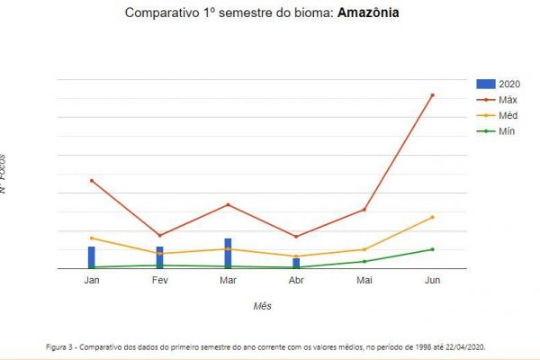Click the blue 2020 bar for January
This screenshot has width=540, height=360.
[x=92, y=257]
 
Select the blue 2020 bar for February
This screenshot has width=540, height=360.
[x=160, y=257]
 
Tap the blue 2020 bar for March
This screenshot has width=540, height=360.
[x=228, y=254]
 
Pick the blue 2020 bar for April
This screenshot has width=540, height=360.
[x=296, y=264]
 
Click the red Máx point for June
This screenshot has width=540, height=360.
[x=433, y=94]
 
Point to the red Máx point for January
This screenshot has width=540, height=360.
[x=92, y=181]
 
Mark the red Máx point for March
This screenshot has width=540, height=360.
[x=228, y=204]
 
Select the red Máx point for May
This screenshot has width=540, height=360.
[x=364, y=210]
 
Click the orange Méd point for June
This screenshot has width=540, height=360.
[x=433, y=217]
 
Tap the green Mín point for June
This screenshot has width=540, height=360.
[x=433, y=249]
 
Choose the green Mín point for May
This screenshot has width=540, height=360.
[x=364, y=261]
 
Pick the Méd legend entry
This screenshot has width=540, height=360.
[x=507, y=115]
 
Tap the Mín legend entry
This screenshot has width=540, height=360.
[x=506, y=131]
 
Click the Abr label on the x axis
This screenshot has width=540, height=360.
[x=296, y=281]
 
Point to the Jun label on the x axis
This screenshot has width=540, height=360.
[x=433, y=281]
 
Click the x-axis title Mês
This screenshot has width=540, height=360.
[x=262, y=306]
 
